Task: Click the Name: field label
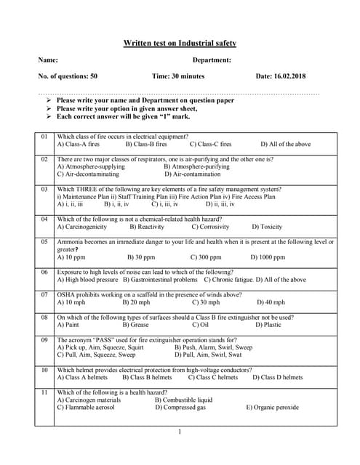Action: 47,60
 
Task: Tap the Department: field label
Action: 212,60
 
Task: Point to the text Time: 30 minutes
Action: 178,76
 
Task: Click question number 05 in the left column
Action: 44,242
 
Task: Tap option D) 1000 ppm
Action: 268,256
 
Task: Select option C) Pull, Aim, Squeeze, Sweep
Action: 96,355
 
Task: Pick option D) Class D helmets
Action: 277,378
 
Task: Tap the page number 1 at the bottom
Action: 180,433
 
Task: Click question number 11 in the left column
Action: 44,392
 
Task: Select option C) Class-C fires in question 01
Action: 210,145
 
